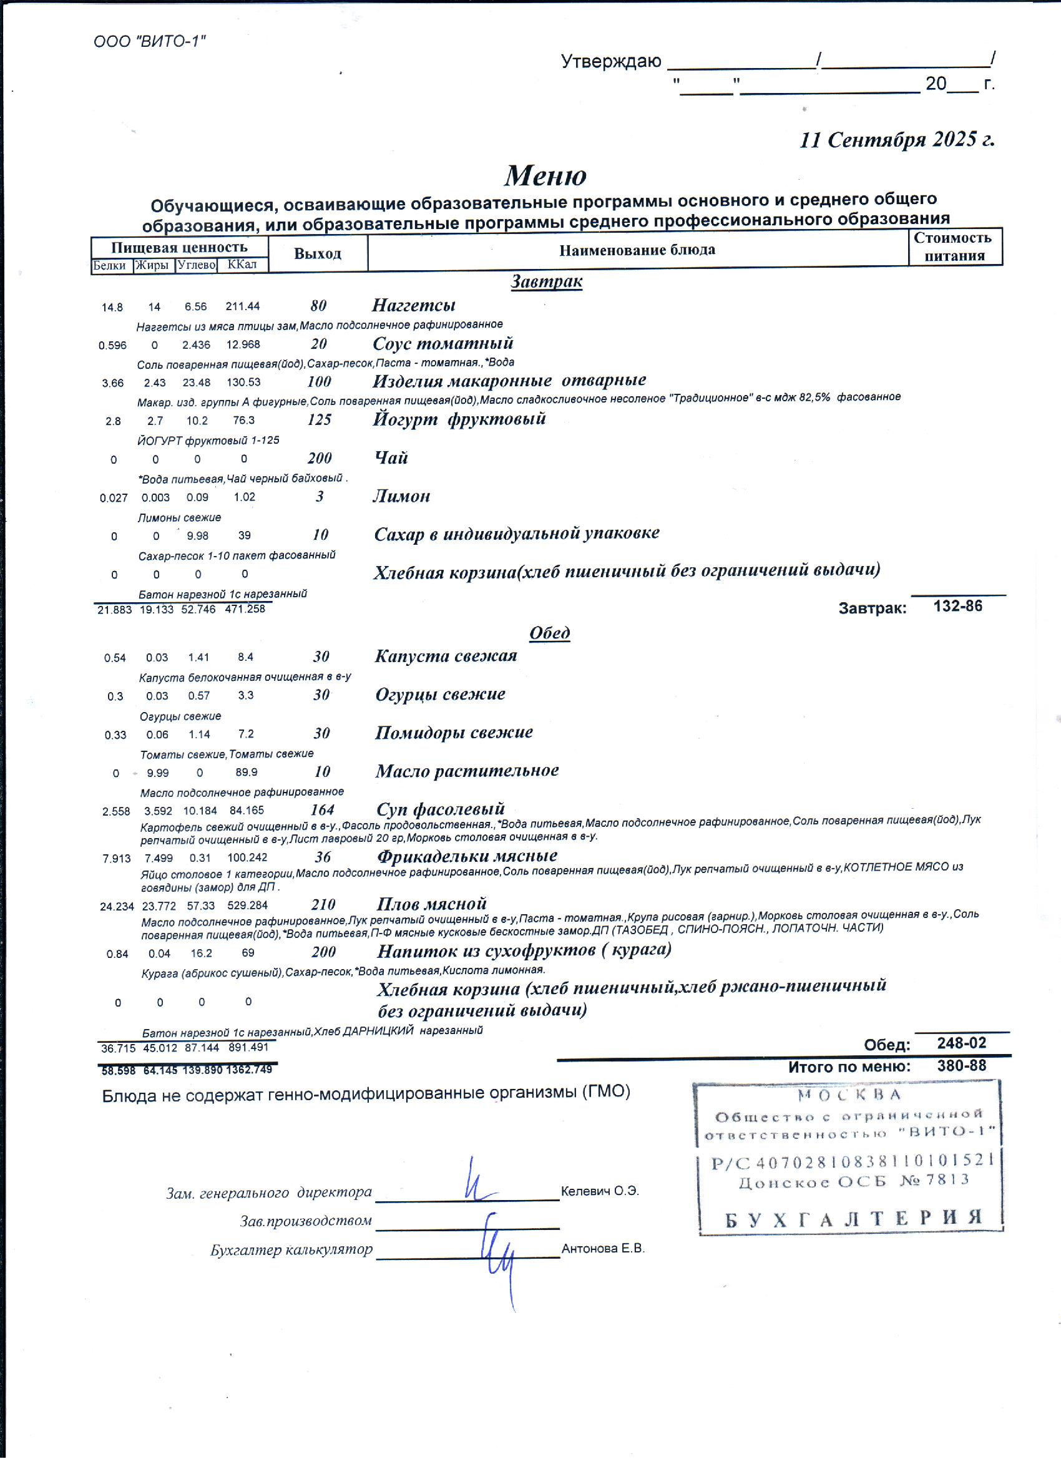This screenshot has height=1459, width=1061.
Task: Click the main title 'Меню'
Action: pyautogui.click(x=545, y=175)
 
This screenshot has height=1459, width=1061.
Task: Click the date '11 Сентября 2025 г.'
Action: pyautogui.click(x=897, y=140)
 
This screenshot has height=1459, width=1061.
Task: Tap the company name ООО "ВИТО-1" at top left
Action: pyautogui.click(x=149, y=42)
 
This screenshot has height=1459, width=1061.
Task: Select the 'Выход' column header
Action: pyautogui.click(x=317, y=253)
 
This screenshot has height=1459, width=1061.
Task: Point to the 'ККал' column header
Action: pyautogui.click(x=242, y=265)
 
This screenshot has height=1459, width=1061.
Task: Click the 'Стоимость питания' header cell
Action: pyautogui.click(x=954, y=246)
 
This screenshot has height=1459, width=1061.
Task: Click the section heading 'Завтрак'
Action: pyautogui.click(x=546, y=281)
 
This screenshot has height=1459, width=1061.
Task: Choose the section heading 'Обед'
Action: pyautogui.click(x=549, y=633)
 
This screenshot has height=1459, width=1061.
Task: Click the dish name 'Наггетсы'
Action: pyautogui.click(x=414, y=305)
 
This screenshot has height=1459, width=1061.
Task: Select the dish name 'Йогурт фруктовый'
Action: pyautogui.click(x=459, y=419)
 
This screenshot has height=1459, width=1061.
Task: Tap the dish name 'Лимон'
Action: pyautogui.click(x=401, y=496)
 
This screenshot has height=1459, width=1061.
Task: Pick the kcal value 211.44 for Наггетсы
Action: pyautogui.click(x=243, y=306)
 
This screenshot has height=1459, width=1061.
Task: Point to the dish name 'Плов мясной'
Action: pyautogui.click(x=431, y=903)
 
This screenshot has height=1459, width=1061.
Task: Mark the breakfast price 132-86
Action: pyautogui.click(x=957, y=606)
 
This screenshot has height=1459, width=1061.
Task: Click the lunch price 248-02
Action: pyautogui.click(x=961, y=1043)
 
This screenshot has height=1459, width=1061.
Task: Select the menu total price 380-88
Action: pyautogui.click(x=961, y=1066)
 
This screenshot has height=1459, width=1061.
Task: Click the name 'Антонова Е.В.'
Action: pyautogui.click(x=603, y=1249)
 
